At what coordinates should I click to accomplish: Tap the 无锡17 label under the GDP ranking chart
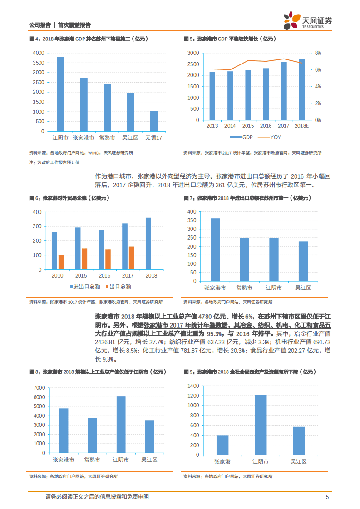click(154, 137)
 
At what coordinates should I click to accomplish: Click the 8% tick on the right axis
click(318, 53)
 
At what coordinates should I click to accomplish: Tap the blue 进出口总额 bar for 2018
click(148, 244)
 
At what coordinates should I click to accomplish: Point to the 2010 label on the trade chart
click(58, 276)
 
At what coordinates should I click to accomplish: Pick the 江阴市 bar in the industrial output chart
click(121, 425)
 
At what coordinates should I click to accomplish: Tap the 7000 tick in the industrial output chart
click(39, 388)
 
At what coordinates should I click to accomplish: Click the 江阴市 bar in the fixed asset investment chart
click(261, 425)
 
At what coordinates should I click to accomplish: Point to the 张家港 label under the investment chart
click(222, 461)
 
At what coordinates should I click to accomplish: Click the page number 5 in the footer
click(327, 497)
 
